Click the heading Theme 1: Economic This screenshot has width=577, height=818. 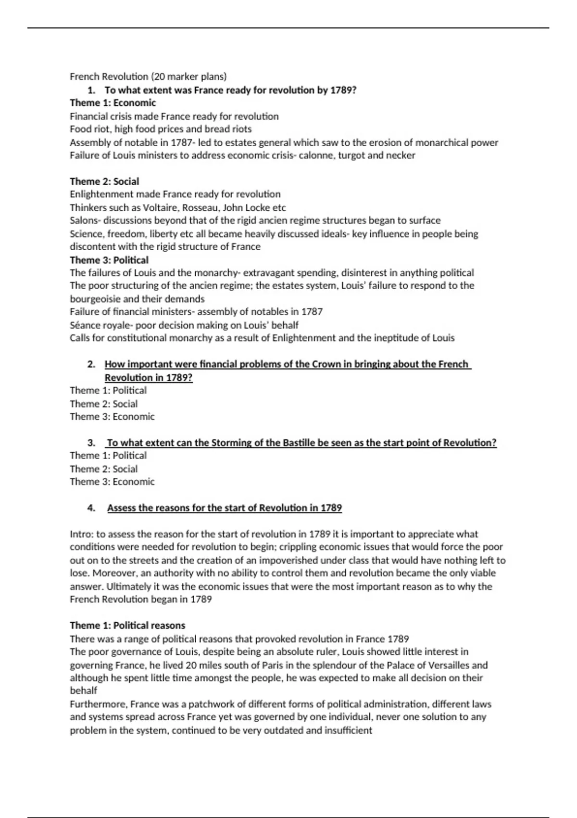[x=113, y=102]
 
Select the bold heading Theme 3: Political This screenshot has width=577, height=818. [x=109, y=260]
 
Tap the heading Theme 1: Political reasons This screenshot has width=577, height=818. [x=127, y=625]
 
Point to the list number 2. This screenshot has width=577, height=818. [x=91, y=364]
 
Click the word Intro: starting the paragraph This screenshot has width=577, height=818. [x=82, y=534]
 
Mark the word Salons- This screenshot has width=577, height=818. [x=85, y=220]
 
